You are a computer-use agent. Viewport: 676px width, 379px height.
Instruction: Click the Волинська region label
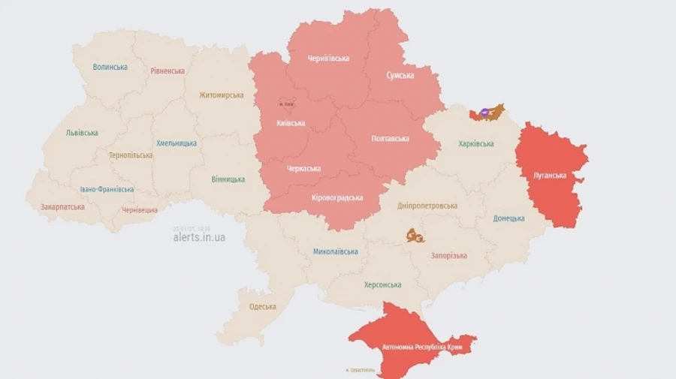point(110,67)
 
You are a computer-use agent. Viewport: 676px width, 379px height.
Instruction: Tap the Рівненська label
point(167,71)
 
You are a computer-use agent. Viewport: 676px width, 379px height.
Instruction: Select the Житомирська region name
point(221,95)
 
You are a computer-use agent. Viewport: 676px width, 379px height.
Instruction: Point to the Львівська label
point(82,133)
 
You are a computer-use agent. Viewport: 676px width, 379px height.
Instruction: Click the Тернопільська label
point(130,155)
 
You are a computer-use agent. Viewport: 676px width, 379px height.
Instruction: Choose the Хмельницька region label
point(177,143)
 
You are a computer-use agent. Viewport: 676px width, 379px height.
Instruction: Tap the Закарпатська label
point(62,206)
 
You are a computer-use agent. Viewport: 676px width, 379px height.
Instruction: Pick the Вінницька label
point(228,179)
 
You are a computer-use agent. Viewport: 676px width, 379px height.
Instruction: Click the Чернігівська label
point(328,59)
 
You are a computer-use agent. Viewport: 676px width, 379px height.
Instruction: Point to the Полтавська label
point(390,139)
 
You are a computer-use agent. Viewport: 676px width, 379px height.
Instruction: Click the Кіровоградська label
point(337,197)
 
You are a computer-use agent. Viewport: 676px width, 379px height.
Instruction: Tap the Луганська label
point(550,175)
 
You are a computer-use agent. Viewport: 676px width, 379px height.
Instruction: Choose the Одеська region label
point(262,306)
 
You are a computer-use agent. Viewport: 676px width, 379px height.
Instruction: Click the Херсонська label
point(382,284)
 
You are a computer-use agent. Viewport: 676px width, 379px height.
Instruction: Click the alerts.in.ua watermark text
point(199,237)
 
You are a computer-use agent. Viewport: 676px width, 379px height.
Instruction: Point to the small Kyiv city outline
point(285,104)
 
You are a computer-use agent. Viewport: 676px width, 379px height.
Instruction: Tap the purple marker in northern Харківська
point(485,113)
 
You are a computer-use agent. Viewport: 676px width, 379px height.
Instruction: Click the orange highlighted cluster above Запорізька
point(416,236)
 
